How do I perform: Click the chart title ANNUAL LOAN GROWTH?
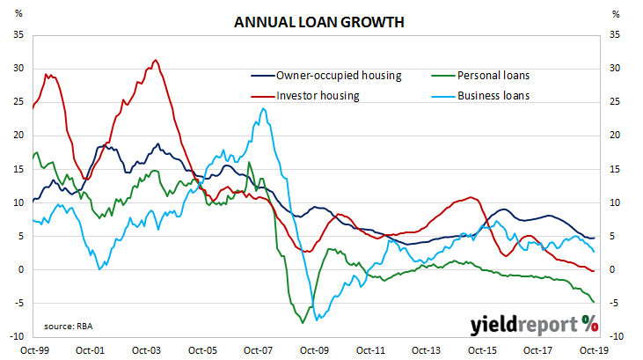(319, 23)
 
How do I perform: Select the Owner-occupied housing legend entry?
(339, 76)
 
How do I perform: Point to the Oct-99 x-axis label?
(33, 349)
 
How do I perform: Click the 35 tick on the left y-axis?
(17, 35)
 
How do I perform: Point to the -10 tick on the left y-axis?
(15, 336)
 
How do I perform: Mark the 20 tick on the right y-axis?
(615, 136)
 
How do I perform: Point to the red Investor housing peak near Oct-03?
(156, 60)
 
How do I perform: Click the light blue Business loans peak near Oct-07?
(264, 109)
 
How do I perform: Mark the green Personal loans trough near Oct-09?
(303, 323)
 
